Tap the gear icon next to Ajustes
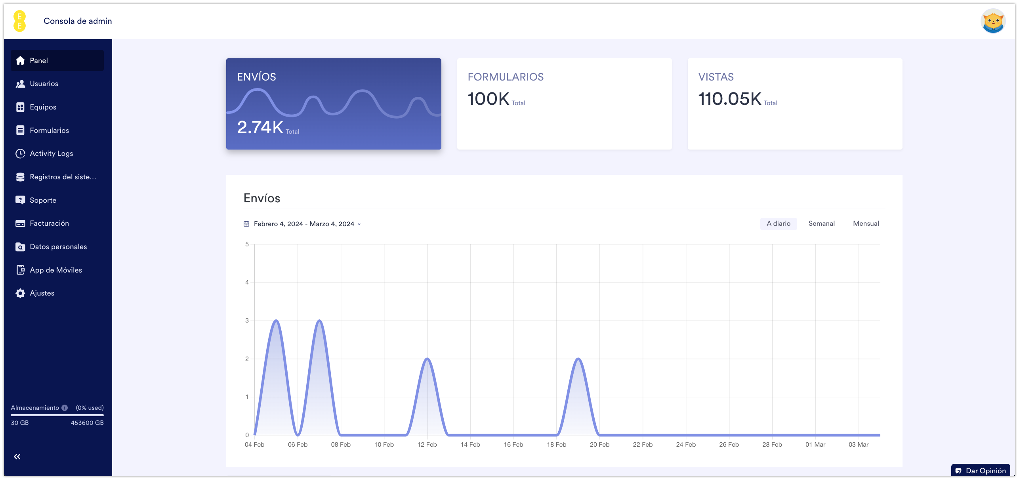[20, 293]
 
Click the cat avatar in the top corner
[993, 21]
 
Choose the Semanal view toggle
[821, 224]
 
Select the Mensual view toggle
[866, 224]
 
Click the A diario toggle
[779, 224]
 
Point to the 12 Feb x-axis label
[427, 445]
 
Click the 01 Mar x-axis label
[815, 445]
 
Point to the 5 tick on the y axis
[247, 244]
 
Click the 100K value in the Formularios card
[489, 99]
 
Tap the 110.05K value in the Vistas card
[730, 99]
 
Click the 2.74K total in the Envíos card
[260, 127]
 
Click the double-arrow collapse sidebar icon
[17, 457]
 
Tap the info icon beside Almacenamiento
[65, 408]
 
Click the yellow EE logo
[19, 21]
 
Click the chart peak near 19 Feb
[578, 359]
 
